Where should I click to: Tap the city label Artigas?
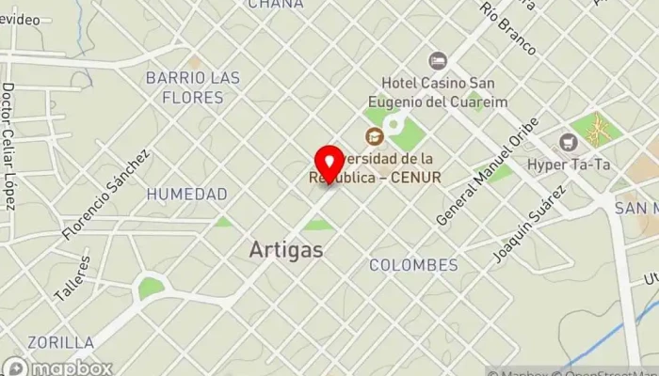coord(287,250)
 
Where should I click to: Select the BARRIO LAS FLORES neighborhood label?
coord(192,87)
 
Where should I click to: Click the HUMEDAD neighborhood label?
coord(186,195)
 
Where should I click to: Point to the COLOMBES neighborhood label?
coord(413,265)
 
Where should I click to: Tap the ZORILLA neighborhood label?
coord(60,342)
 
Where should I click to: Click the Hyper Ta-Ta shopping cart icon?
coord(568,142)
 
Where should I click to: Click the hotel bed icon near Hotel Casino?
coord(437,61)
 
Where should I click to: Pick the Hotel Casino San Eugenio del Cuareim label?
coord(444,92)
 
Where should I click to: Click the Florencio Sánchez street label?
coord(105,194)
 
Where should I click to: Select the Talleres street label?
coord(72,280)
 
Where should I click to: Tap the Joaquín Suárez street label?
coord(529,224)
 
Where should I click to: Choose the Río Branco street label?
coord(507,28)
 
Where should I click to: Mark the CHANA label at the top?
coord(275,5)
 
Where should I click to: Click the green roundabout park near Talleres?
coord(150,287)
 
